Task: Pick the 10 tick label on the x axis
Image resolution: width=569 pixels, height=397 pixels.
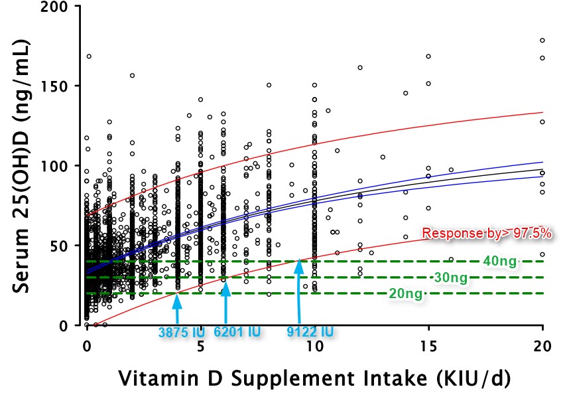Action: coord(314,346)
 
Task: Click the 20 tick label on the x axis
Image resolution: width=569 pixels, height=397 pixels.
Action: coord(542,346)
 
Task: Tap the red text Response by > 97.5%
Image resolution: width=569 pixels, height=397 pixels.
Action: coord(487,234)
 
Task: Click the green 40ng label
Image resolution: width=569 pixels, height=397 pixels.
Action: coord(500,262)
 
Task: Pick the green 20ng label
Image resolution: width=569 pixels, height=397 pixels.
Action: coord(405,293)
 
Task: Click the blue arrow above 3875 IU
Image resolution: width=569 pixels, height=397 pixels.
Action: coord(176,307)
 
